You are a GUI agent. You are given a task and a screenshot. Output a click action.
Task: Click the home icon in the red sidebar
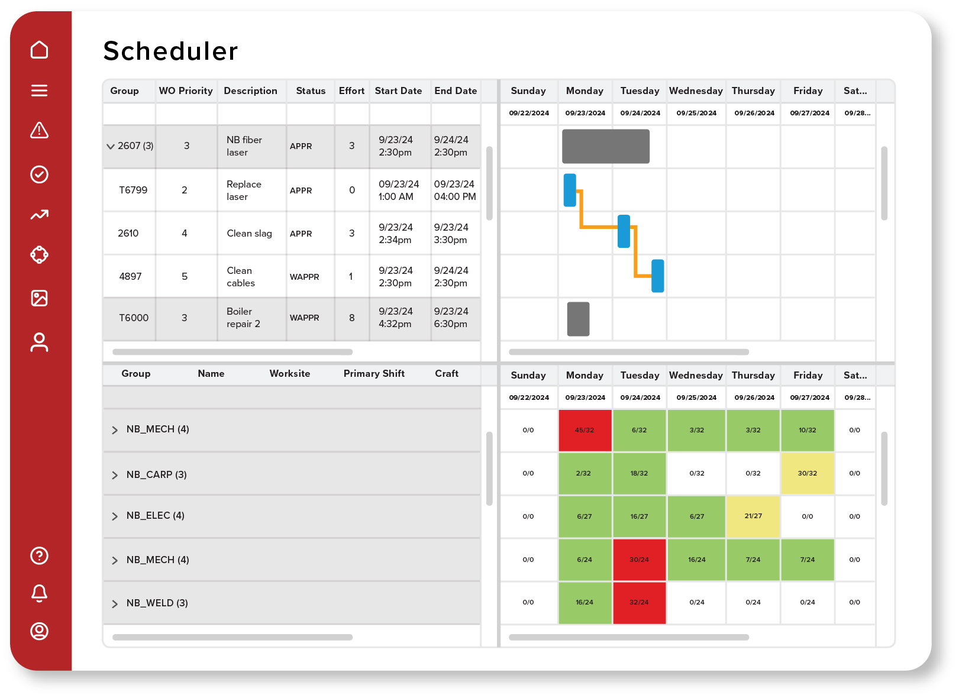pos(39,50)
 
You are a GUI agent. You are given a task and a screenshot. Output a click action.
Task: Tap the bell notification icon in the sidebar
pos(39,593)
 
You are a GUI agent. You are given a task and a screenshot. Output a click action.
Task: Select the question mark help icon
pos(39,555)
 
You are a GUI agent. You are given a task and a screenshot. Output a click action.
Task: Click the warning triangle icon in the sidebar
pos(39,130)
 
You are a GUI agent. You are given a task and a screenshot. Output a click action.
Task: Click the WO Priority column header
pos(185,91)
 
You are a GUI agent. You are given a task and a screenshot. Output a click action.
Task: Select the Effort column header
pos(351,91)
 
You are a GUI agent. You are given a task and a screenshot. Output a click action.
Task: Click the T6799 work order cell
pos(133,190)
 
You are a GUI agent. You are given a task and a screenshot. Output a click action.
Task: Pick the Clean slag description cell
pos(249,233)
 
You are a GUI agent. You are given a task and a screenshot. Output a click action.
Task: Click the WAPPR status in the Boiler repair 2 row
pos(304,318)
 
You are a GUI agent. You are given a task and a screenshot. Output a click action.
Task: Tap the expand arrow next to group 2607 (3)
pos(111,146)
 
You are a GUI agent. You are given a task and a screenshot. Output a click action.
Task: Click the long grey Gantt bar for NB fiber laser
pos(605,146)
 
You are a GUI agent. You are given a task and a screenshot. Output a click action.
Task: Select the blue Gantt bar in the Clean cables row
pos(657,276)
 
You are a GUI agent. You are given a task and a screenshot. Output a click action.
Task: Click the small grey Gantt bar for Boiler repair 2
pos(578,319)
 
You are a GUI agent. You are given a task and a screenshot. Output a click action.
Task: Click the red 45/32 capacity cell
pos(585,430)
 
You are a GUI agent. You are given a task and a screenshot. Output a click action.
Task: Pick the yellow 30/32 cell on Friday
pos(807,473)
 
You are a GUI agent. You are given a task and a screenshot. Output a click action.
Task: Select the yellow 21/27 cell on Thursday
pos(753,516)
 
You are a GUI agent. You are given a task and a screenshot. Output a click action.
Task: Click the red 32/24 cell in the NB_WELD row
pos(639,602)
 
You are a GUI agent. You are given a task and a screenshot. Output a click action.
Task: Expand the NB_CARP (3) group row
pos(115,475)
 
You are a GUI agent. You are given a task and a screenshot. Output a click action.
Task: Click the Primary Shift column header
pos(374,373)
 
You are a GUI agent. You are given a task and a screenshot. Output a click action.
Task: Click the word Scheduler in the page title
pos(170,51)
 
